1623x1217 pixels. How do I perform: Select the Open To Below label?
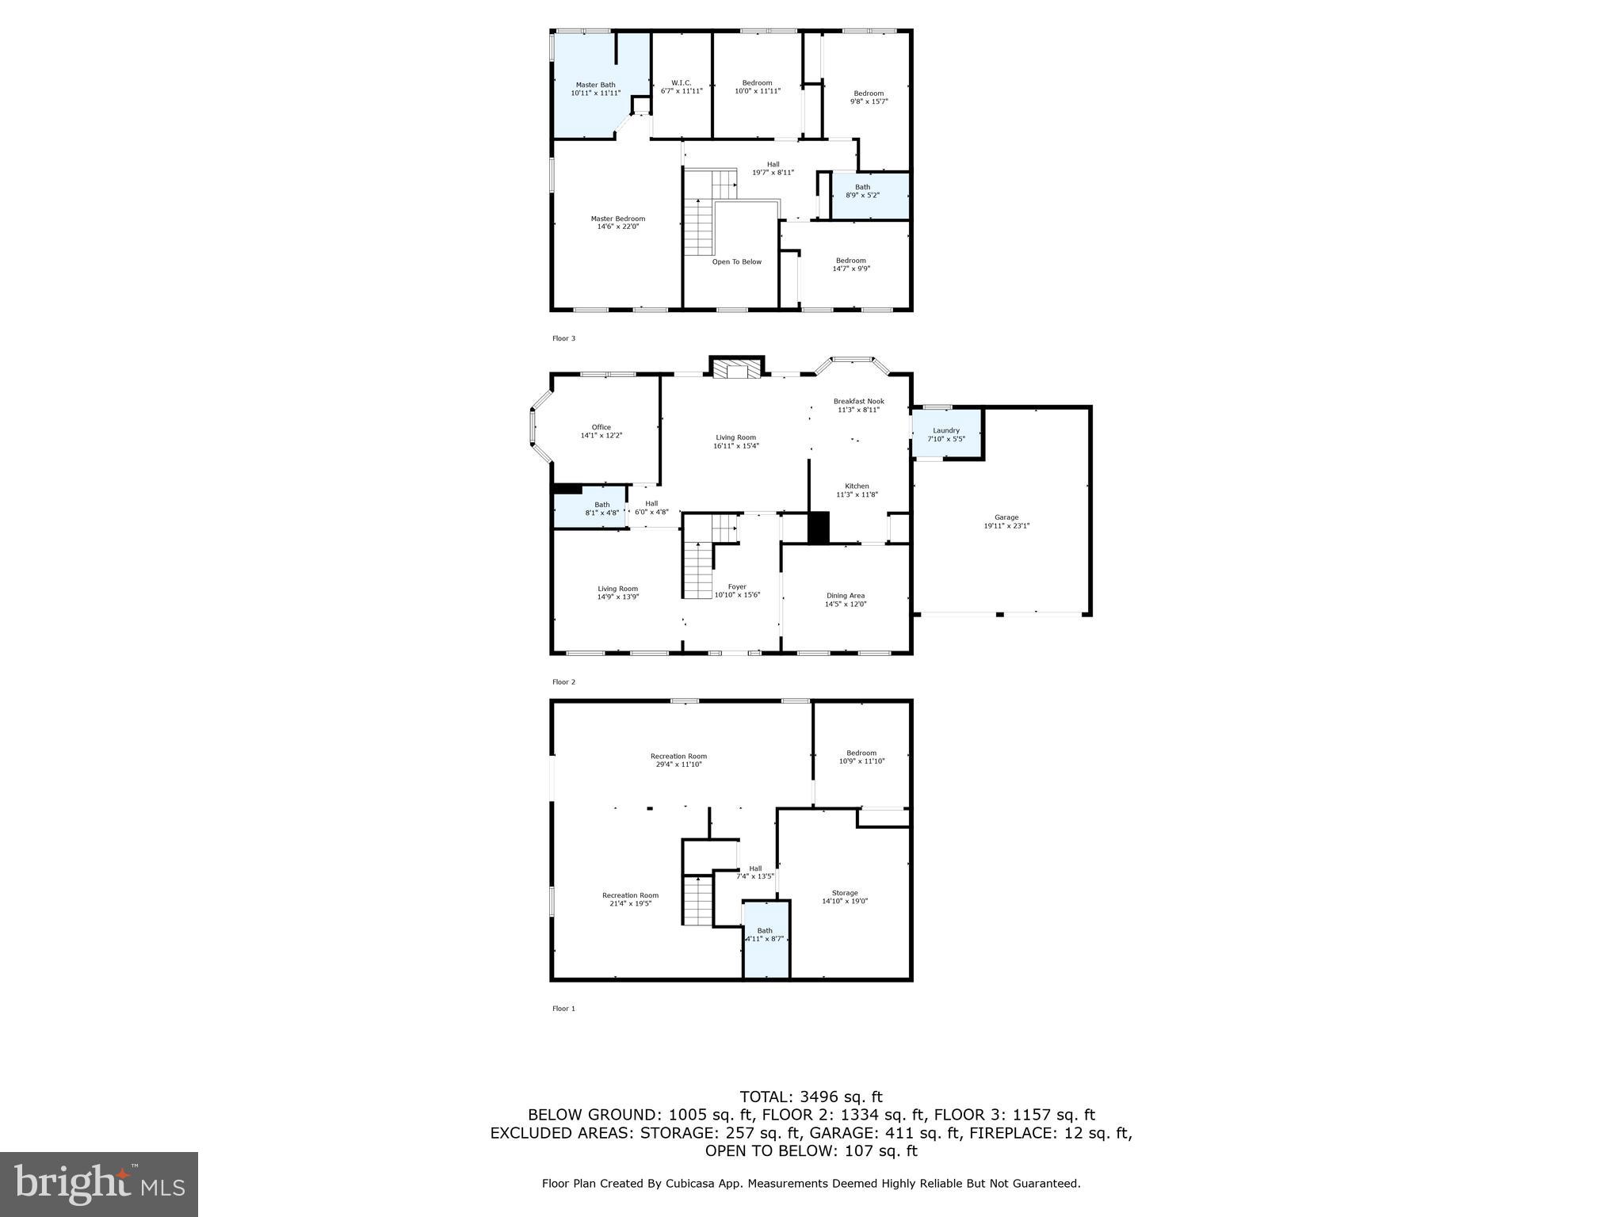coord(736,261)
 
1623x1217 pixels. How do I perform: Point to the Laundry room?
coord(946,434)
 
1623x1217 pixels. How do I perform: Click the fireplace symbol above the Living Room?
coord(736,369)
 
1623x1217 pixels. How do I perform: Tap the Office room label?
coord(601,428)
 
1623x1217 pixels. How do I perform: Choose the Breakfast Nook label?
coord(858,402)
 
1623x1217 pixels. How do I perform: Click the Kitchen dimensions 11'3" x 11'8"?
coord(857,495)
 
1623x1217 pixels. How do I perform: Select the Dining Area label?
coord(846,596)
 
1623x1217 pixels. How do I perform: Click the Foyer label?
coord(737,587)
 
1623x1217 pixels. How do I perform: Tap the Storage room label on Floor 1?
coord(845,893)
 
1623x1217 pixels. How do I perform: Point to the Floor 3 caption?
coord(563,338)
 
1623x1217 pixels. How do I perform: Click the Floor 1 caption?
coord(563,1009)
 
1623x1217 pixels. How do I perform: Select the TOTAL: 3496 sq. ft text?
coord(811,1097)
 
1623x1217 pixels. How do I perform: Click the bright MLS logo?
coord(99,1184)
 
